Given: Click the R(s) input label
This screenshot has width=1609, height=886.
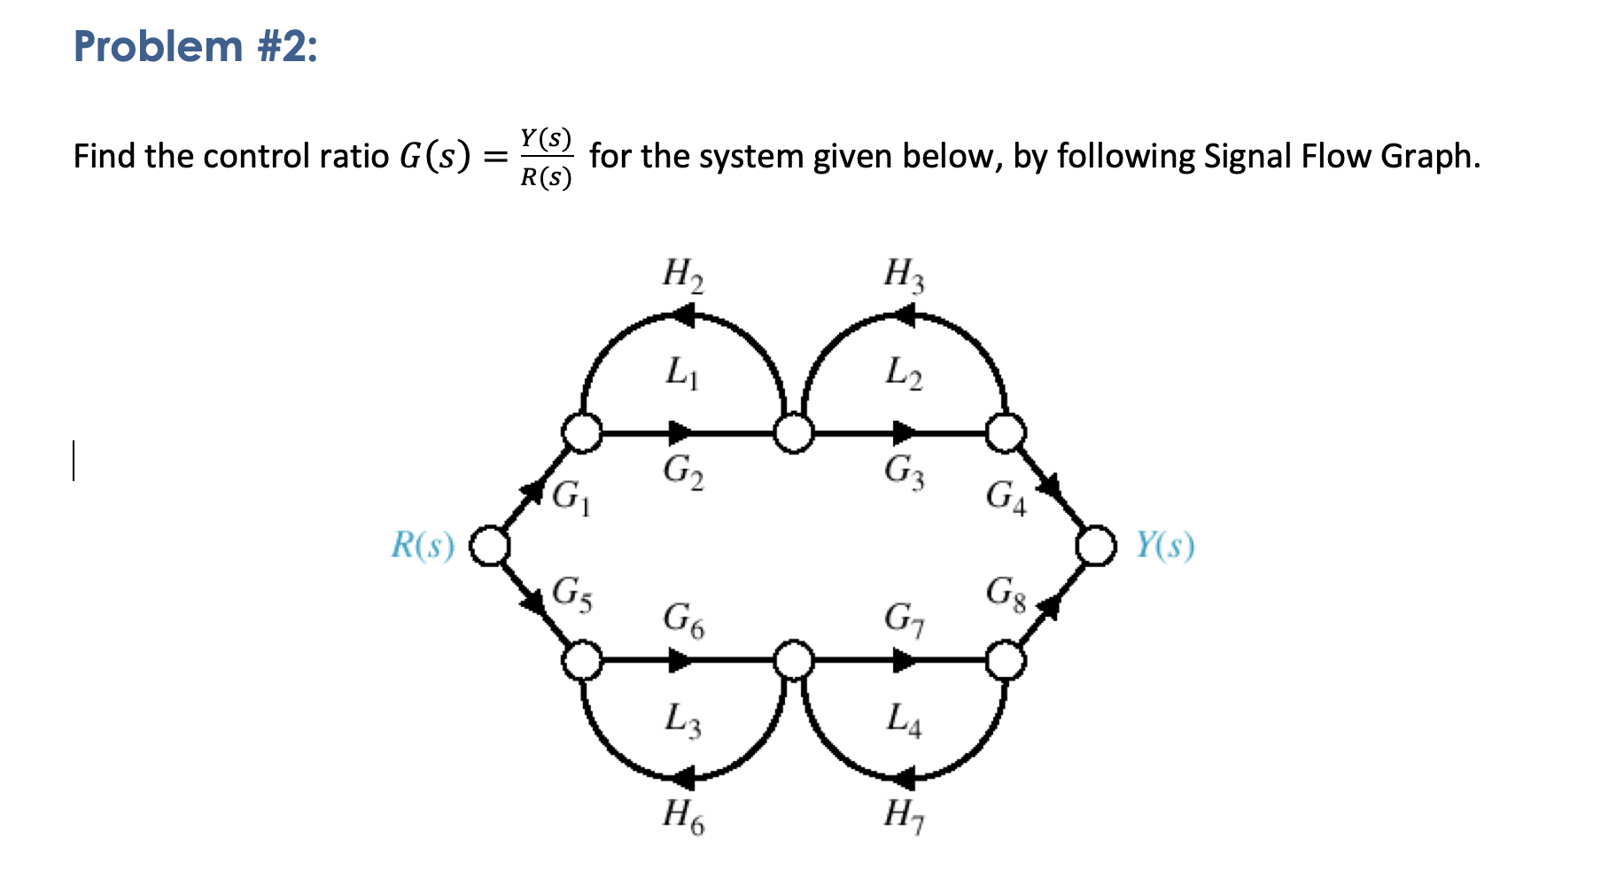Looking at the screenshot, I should (423, 546).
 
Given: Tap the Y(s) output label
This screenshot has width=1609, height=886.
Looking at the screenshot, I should (1164, 546).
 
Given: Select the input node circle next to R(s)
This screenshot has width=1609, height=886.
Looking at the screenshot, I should (489, 546).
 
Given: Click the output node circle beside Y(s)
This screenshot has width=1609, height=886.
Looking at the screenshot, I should (1096, 546).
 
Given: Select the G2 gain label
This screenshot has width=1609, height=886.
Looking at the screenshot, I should (683, 470).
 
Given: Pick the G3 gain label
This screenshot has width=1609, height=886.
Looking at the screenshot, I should (904, 470).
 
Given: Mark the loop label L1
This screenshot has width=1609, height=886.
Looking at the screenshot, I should (682, 372).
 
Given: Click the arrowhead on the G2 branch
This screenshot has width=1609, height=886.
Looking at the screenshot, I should (680, 433).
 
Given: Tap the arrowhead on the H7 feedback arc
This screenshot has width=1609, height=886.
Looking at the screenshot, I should (902, 779).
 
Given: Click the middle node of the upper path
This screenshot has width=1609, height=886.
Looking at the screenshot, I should (794, 433).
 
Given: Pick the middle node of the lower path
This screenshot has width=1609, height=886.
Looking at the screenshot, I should (794, 661).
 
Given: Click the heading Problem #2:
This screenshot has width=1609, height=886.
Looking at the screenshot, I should (195, 46).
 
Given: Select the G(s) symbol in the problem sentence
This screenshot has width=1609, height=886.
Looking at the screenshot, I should (434, 157).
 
